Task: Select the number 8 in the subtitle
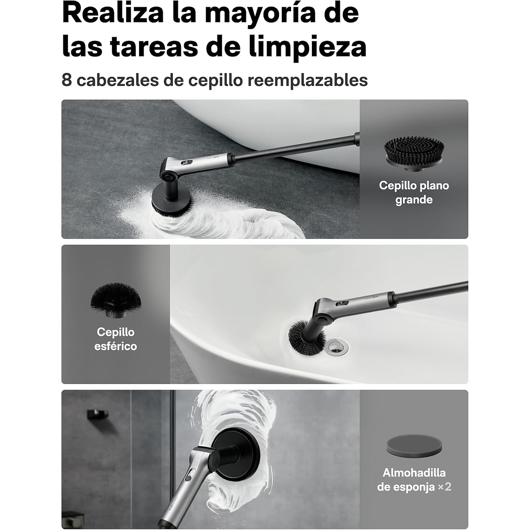click(x=67, y=80)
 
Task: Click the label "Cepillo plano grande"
click(x=414, y=192)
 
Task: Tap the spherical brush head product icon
click(x=115, y=301)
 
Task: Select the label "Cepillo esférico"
click(x=115, y=339)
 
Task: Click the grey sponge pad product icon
click(x=414, y=445)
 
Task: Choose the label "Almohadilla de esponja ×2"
click(x=414, y=480)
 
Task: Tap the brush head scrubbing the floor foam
click(x=171, y=200)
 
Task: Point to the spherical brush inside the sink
click(x=305, y=337)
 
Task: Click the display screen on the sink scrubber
click(x=342, y=303)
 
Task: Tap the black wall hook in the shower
click(x=97, y=414)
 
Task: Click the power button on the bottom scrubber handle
click(x=188, y=477)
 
